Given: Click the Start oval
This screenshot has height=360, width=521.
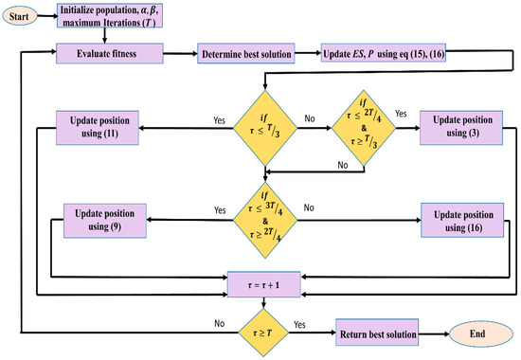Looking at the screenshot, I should coord(25,16).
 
